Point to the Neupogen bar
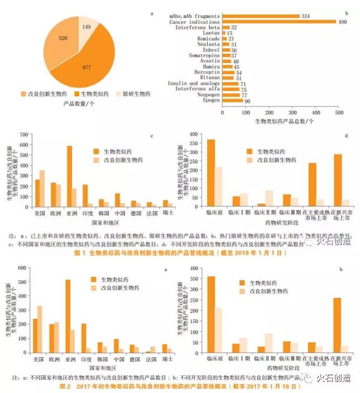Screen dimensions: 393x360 pyautogui.click(x=231, y=95)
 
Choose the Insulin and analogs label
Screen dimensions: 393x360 pyautogui.click(x=197, y=83)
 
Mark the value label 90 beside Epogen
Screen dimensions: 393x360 pyautogui.click(x=248, y=100)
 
